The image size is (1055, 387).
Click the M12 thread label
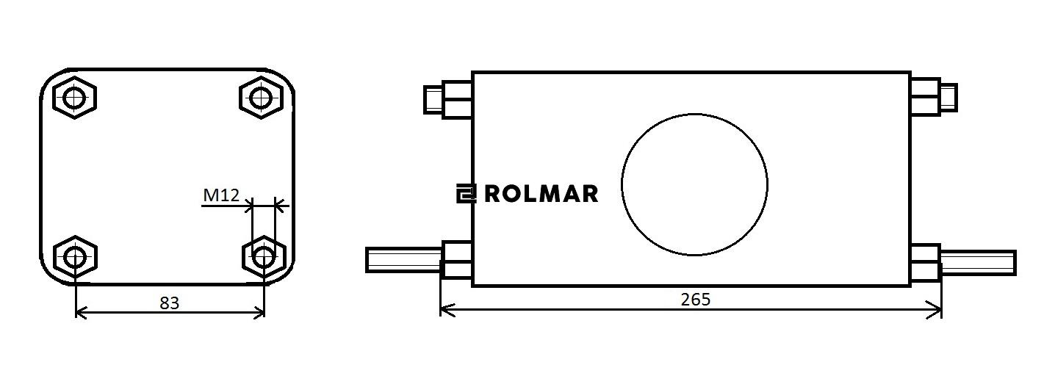221,195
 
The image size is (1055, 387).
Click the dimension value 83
169,303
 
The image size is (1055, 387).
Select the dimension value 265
695,300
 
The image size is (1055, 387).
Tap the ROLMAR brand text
541,194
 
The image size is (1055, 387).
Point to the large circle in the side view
694,184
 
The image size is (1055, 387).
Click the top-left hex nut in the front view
74,97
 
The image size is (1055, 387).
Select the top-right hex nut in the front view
261,97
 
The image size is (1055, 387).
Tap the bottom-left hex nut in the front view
74,257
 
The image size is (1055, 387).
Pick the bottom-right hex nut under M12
264,257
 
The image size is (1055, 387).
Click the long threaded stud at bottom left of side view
403,260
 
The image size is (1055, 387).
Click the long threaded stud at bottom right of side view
978,262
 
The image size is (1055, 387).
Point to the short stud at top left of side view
433,99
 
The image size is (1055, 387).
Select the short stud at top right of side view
948,97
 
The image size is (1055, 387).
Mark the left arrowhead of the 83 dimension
81,314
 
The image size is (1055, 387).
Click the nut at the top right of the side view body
925,96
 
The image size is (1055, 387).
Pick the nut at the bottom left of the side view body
456,260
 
